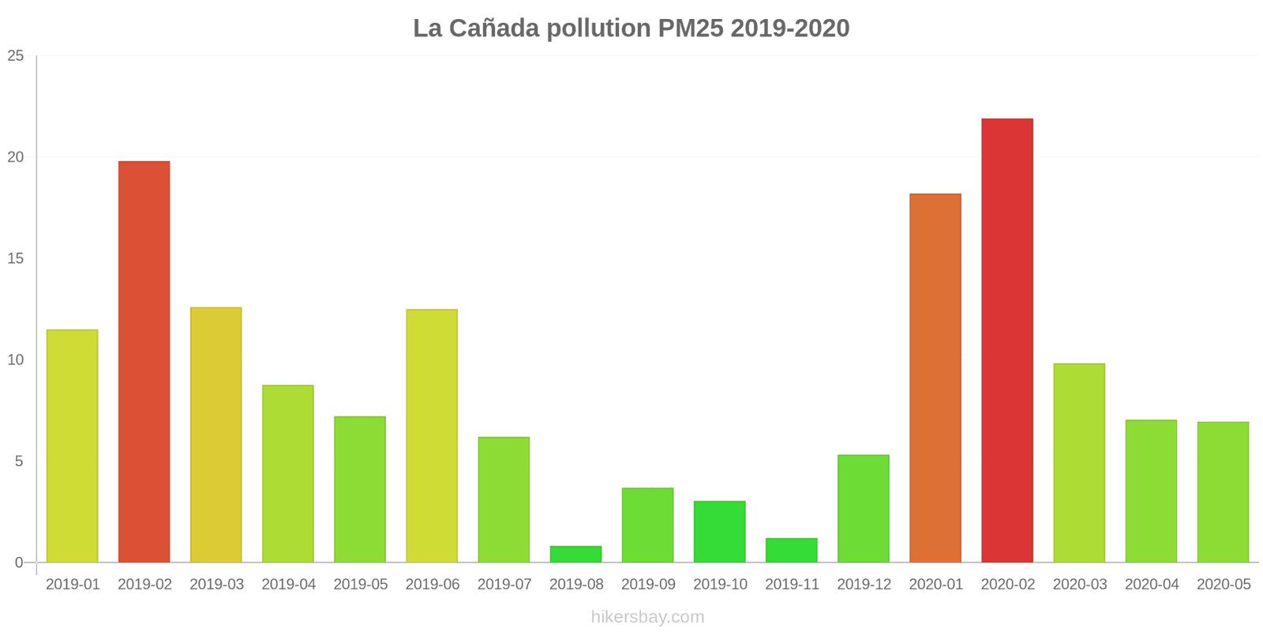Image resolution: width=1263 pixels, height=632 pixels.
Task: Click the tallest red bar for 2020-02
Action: point(1007,340)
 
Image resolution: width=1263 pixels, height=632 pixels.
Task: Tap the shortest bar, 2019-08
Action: point(575,555)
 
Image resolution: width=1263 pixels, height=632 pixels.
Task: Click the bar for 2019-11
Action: point(792,551)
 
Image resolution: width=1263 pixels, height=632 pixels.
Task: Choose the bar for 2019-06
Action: point(432,436)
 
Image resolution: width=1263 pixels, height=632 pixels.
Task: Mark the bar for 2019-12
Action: point(864,509)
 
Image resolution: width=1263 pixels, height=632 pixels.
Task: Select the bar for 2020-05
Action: point(1223,492)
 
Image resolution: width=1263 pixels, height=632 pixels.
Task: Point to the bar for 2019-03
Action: point(216,434)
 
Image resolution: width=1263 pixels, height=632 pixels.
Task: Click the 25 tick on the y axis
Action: point(16,56)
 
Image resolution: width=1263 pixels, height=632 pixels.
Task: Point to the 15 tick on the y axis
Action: point(16,259)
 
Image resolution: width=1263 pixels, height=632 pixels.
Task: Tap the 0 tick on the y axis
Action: point(20,562)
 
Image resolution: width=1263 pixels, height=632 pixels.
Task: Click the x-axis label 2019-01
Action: point(73,585)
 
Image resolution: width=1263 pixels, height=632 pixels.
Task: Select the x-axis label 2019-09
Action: point(648,585)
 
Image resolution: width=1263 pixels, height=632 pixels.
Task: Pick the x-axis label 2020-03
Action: point(1080,585)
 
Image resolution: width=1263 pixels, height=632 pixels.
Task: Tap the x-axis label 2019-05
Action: point(361,585)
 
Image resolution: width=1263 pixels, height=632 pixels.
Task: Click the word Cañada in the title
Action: point(494,28)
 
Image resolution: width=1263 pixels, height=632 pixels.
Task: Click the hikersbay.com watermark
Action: point(647,617)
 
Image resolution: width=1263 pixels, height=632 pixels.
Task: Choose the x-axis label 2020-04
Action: point(1152,585)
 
